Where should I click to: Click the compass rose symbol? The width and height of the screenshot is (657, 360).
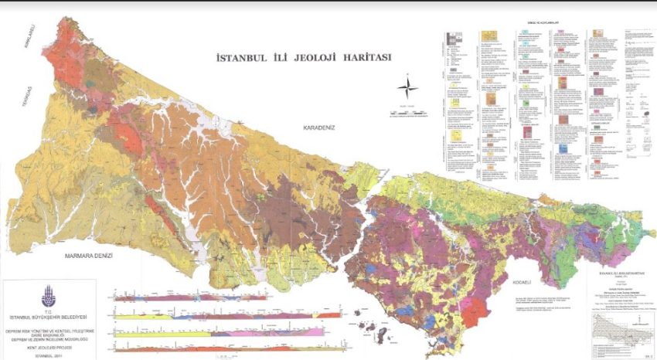coord(407,87)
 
